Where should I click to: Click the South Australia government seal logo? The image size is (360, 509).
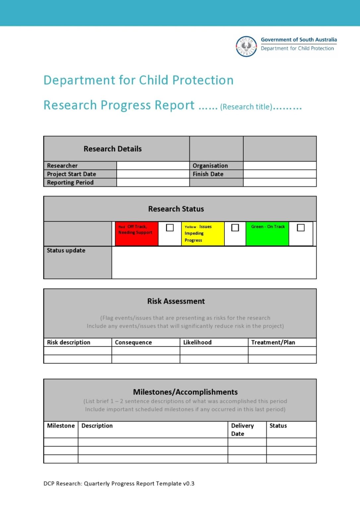point(246,46)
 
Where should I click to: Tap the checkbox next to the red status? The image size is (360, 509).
point(170,228)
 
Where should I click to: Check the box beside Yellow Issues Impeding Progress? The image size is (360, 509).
point(235,228)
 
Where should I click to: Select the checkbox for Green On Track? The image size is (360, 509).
point(301,228)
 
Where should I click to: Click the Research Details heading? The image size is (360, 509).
point(112,149)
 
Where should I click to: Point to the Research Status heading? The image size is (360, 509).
point(176,209)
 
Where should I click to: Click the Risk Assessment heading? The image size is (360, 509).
point(176,301)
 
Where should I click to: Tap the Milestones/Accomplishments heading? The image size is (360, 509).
point(185,392)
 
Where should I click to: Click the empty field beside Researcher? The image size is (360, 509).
point(153,166)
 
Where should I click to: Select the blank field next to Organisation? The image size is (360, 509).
point(279,166)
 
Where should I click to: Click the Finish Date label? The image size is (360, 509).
point(208,174)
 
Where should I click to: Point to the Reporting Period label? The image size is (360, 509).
point(70,183)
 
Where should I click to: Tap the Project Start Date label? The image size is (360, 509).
point(72,174)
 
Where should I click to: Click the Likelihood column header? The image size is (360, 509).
point(197,342)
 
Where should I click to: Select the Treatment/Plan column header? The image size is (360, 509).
point(273,342)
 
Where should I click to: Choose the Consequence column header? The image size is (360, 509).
point(133,342)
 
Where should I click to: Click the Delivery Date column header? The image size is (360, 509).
point(242,429)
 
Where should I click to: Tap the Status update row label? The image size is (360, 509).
point(66,251)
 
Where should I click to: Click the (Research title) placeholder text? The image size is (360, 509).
point(246,107)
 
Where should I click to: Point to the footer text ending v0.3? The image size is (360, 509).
point(119,483)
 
